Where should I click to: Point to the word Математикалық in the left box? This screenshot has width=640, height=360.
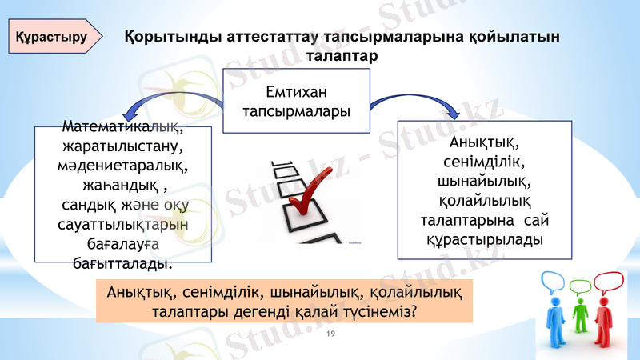click(x=122, y=128)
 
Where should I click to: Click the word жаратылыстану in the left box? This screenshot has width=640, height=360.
click(x=122, y=147)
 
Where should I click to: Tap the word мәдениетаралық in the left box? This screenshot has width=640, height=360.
click(x=122, y=166)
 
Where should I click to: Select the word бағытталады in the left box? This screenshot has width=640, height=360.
click(x=122, y=261)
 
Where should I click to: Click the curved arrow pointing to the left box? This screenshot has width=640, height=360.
click(x=172, y=100)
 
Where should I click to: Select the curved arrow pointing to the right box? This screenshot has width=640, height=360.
click(x=416, y=99)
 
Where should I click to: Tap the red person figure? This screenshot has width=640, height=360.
click(x=607, y=316)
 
